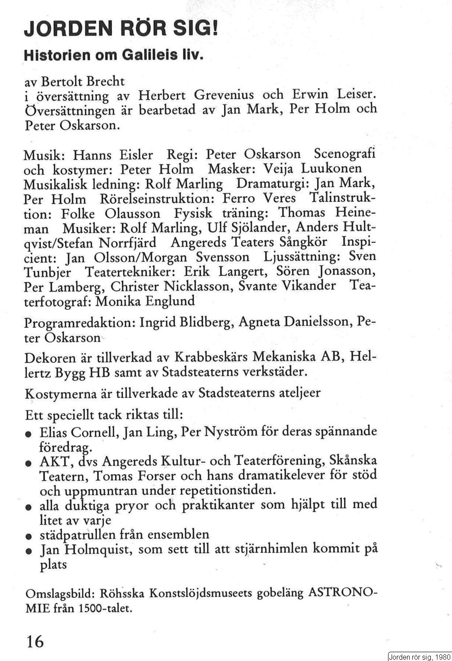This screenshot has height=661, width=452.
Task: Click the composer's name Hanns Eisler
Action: [113, 155]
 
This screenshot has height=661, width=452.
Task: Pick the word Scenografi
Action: [344, 154]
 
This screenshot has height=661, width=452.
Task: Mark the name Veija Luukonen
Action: [312, 168]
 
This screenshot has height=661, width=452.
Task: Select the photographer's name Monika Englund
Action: [145, 301]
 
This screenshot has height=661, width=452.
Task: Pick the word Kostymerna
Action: [60, 393]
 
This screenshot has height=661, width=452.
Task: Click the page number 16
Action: [35, 641]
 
